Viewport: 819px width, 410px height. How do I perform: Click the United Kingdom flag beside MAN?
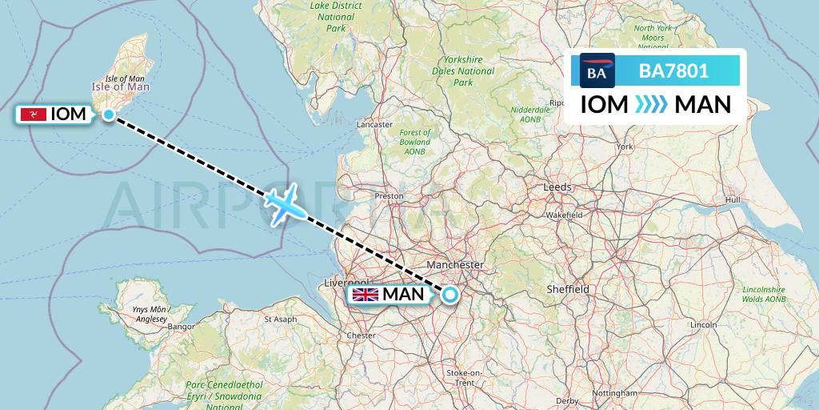point(366,295)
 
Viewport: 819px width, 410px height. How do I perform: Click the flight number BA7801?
point(673,71)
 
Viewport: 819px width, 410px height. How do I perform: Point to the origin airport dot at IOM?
point(108,115)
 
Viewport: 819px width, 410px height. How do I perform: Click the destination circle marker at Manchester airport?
point(449,295)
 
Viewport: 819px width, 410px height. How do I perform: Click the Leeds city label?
point(558,187)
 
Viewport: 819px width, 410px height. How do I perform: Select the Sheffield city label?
point(569,289)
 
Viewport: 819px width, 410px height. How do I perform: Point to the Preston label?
point(390,195)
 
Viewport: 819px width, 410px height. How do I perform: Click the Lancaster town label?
point(374,125)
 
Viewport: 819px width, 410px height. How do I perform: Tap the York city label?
point(625,147)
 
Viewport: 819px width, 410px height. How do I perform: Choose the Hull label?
point(733,199)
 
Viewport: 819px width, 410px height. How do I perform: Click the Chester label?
point(362,336)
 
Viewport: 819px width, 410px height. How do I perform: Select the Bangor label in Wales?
point(182,327)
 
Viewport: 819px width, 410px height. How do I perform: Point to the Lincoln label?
point(703,324)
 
